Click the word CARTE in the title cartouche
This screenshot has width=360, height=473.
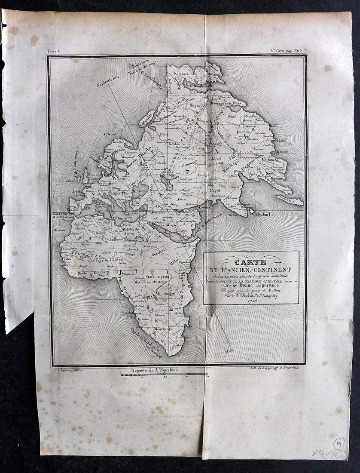click(251, 262)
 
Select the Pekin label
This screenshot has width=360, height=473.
click(232, 116)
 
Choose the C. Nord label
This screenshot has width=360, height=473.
click(111, 134)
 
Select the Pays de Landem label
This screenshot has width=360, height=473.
click(109, 260)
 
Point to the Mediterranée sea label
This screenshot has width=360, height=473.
click(113, 218)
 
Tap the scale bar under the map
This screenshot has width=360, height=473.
click(164, 375)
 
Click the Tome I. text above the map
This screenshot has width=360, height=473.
click(53, 51)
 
